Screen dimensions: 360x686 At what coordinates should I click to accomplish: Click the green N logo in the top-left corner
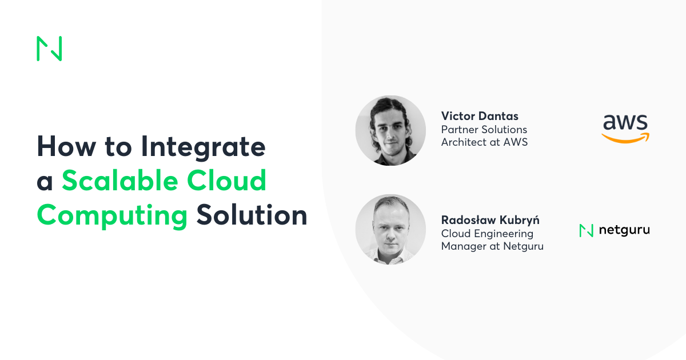click(49, 49)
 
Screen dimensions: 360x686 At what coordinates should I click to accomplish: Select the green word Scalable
click(123, 181)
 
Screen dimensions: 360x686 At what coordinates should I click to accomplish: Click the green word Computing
click(113, 215)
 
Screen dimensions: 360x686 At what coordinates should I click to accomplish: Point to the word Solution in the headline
click(252, 215)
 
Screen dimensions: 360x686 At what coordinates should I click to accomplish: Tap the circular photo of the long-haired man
click(390, 130)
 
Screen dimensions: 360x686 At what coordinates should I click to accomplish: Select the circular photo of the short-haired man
click(390, 229)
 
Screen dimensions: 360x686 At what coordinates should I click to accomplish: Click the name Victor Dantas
click(480, 117)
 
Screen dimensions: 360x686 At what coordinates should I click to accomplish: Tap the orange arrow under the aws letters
click(625, 138)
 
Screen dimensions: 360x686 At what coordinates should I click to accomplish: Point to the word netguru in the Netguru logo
click(624, 230)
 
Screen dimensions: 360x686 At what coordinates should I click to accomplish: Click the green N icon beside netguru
click(586, 230)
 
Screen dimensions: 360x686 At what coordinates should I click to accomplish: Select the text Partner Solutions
click(484, 130)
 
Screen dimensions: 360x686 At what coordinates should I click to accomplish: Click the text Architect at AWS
click(484, 142)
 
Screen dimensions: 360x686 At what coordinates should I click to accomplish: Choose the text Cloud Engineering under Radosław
click(487, 234)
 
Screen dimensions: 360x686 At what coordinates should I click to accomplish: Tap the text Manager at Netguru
click(492, 246)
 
